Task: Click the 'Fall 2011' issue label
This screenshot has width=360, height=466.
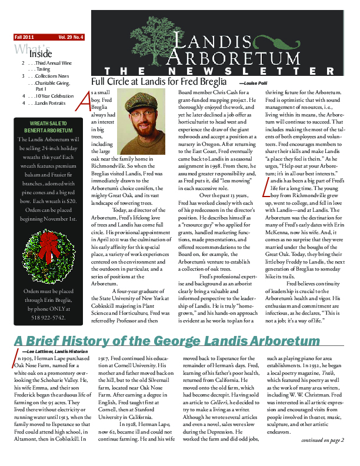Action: tap(25, 36)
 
